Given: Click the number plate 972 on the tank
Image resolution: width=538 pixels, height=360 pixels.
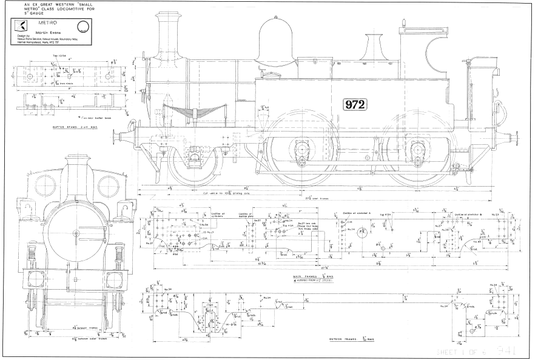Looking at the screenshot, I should tap(355, 105).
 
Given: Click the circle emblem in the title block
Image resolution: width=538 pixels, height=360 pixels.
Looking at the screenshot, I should tap(82, 27).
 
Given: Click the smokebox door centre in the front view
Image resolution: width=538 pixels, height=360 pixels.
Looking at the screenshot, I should tap(76, 233).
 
